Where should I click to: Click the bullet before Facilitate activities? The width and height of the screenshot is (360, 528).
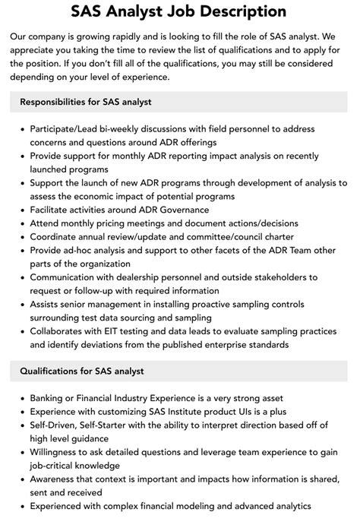tap(21, 210)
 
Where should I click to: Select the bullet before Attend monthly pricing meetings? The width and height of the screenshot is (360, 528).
tap(21, 223)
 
